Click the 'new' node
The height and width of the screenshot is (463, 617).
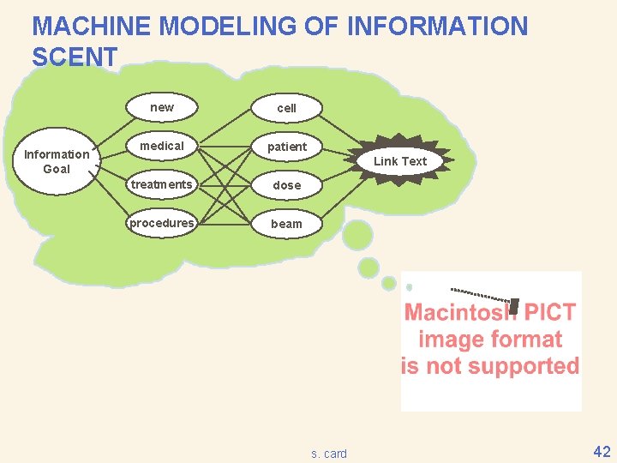point(162,107)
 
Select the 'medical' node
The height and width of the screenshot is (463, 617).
point(162,146)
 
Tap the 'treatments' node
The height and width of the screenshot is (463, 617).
point(162,184)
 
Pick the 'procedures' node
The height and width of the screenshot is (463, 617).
point(162,223)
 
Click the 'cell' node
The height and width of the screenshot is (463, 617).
point(286,108)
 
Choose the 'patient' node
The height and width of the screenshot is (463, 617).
point(286,147)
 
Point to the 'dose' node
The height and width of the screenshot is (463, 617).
point(286,185)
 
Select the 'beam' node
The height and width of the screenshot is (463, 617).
point(286,224)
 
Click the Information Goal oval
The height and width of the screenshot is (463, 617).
point(57,161)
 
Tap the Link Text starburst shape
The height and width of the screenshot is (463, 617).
point(399,161)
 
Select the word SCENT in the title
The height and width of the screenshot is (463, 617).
point(75,57)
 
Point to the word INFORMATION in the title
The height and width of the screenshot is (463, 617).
point(437,27)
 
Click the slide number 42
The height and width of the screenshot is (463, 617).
point(602,452)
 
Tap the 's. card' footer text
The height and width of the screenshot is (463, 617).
point(329,454)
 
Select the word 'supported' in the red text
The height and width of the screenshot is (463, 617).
point(530,366)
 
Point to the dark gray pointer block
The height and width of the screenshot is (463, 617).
point(514,306)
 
